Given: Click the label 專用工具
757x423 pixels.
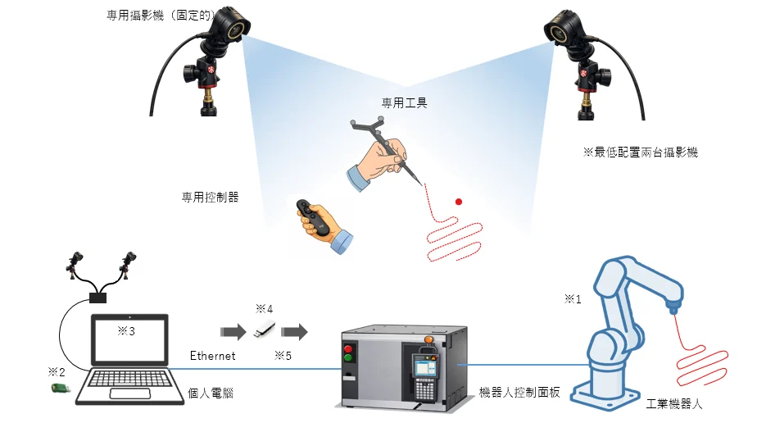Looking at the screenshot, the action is click(x=404, y=102).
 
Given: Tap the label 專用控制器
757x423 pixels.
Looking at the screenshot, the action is click(x=210, y=197).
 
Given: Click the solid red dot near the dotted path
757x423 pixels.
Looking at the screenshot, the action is click(x=459, y=202).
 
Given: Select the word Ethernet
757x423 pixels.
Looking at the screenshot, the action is click(x=212, y=356).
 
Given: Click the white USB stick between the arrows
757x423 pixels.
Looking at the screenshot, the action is click(x=265, y=330).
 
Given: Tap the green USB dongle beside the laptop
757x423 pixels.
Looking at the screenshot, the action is click(x=61, y=388).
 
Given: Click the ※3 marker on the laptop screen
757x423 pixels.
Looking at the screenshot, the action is click(x=126, y=330).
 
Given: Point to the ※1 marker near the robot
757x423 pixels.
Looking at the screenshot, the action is click(x=573, y=299).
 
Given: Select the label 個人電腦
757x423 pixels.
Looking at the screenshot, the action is click(x=211, y=393).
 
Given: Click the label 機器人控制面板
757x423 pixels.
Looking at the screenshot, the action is click(x=519, y=392).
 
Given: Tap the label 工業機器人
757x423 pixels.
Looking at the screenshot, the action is click(x=674, y=403).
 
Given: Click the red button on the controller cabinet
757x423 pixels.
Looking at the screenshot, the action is click(x=348, y=348).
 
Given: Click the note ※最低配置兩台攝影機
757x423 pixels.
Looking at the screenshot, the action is click(x=640, y=152).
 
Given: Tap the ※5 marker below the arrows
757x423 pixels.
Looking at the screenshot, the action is click(x=283, y=356).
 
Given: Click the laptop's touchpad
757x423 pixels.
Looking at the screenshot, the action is click(x=130, y=393).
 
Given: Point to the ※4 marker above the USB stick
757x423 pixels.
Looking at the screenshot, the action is click(x=264, y=308).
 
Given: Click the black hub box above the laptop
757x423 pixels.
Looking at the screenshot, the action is click(x=98, y=298).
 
